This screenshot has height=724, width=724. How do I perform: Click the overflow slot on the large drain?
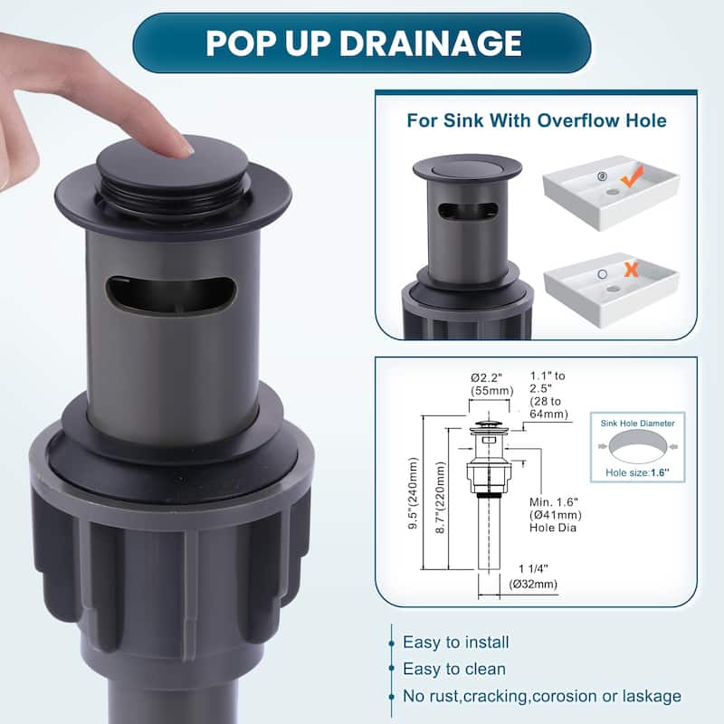(171, 295)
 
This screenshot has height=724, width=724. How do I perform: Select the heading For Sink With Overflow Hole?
(537, 120)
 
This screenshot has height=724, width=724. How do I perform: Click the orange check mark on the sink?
(632, 176)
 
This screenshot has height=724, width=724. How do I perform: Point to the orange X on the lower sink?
(631, 269)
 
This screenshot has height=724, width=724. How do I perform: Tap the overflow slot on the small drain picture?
(467, 211)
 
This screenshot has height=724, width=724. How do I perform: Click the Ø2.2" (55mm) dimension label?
(491, 385)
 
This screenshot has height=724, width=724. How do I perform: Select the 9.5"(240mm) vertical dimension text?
(414, 492)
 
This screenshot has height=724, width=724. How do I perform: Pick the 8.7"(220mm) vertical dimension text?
(441, 497)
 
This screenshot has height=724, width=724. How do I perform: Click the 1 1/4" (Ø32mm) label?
(533, 576)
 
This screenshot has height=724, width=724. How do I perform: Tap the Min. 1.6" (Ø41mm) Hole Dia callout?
(556, 514)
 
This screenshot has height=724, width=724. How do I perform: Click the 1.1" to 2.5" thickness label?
(549, 395)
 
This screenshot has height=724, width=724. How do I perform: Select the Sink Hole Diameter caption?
(638, 423)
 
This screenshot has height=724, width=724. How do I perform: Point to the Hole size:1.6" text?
(637, 472)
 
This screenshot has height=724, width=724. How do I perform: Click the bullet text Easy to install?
(456, 642)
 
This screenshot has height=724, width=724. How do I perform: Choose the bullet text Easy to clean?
(454, 669)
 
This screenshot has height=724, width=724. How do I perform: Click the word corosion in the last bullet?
(562, 696)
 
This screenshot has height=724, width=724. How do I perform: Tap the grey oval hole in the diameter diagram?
(638, 446)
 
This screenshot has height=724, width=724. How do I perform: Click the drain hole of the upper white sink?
(613, 191)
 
